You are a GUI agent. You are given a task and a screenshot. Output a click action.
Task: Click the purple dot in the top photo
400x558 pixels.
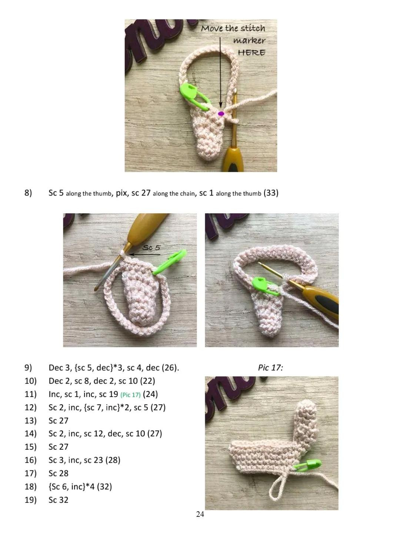(221, 114)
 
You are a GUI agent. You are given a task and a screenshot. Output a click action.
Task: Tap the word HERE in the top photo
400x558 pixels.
(251, 53)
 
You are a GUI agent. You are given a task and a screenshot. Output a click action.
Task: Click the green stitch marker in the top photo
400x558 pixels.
(193, 96)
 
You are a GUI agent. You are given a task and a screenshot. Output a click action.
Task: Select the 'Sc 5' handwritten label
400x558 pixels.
(151, 247)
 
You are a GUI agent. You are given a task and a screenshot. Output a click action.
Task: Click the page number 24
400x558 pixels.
(200, 514)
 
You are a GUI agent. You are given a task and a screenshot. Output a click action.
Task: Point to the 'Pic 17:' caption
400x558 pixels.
(270, 368)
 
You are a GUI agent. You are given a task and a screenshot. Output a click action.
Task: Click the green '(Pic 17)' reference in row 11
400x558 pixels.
(130, 395)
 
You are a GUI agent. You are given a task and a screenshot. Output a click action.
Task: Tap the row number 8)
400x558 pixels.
(29, 193)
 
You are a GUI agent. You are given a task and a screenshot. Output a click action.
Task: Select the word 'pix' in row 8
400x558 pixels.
(121, 193)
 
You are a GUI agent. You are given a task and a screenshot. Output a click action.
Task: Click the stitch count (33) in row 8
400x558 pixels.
(271, 193)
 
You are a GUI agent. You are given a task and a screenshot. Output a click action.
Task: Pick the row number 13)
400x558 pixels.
(31, 420)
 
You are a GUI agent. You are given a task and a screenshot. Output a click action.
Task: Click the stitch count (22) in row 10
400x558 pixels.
(147, 381)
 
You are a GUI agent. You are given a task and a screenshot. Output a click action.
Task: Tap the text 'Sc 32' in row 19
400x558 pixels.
(59, 500)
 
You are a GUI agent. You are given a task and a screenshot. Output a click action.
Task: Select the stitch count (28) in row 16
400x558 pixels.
(113, 460)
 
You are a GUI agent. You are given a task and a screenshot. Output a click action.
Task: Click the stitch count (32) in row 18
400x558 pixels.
(104, 486)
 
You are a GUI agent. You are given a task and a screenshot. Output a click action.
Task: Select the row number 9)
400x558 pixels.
(29, 368)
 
